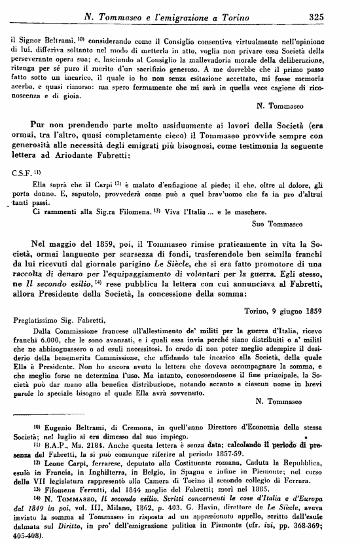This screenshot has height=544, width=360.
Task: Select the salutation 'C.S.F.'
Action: click(23, 172)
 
